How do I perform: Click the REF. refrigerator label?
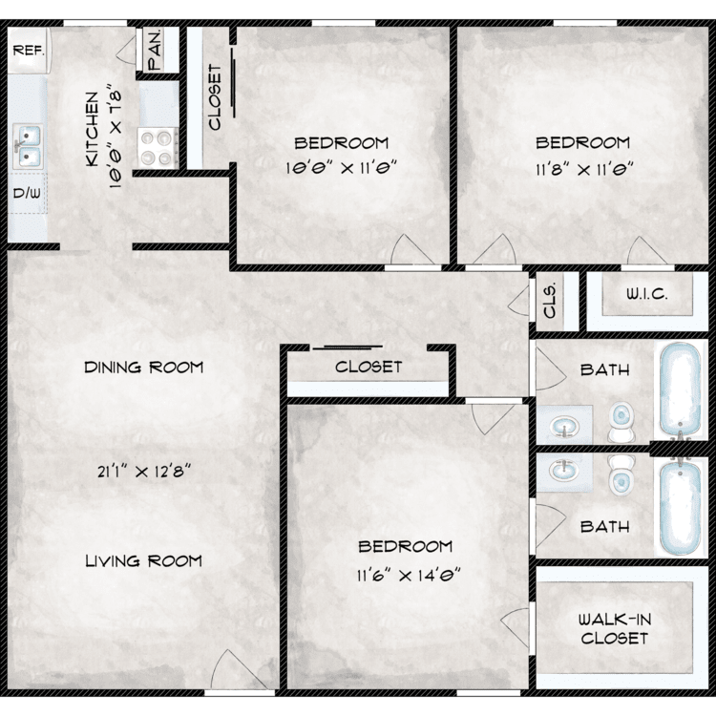[x=29, y=51]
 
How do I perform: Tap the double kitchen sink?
[x=27, y=146]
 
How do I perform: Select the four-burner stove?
[x=158, y=147]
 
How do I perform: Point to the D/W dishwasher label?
[x=27, y=193]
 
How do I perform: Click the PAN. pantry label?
[x=156, y=50]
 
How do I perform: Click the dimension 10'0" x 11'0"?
[x=341, y=168]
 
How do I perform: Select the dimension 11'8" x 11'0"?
[x=584, y=170]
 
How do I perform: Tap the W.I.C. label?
[x=646, y=294]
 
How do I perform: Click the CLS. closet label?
[x=550, y=301]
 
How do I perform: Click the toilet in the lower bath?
[x=621, y=475]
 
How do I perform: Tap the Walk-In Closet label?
[x=615, y=629]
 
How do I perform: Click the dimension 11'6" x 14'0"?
[x=408, y=576]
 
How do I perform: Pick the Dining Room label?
[x=144, y=368]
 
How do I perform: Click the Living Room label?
[x=144, y=560]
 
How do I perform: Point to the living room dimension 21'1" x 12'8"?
[x=143, y=472]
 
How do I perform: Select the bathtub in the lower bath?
[x=680, y=508]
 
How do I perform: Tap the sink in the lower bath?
[x=565, y=470]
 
